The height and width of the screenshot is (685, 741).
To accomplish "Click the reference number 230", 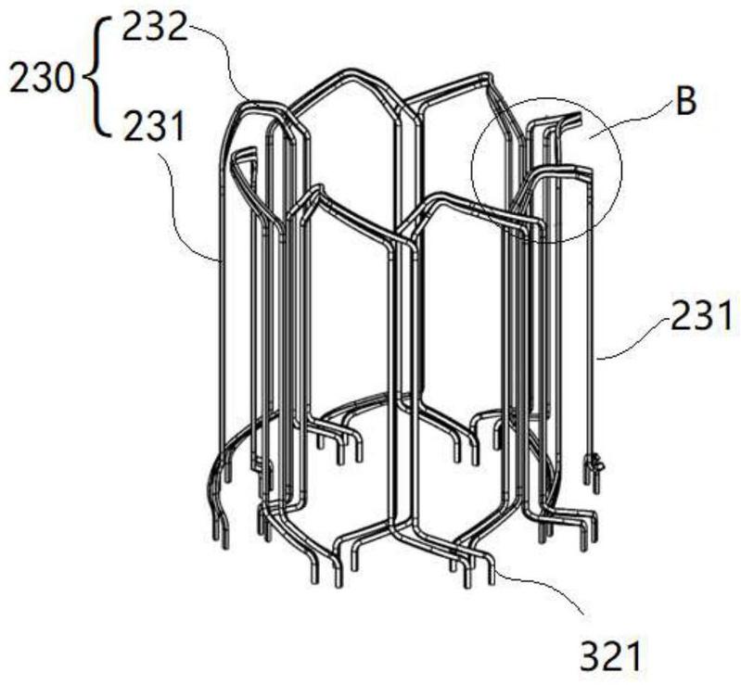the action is pos(42,79).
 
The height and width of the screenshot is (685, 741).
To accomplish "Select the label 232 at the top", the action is pos(154,28).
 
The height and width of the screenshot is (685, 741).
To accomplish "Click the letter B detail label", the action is pos(685,101).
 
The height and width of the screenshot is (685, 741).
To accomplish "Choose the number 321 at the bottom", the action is pos(611,655).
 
